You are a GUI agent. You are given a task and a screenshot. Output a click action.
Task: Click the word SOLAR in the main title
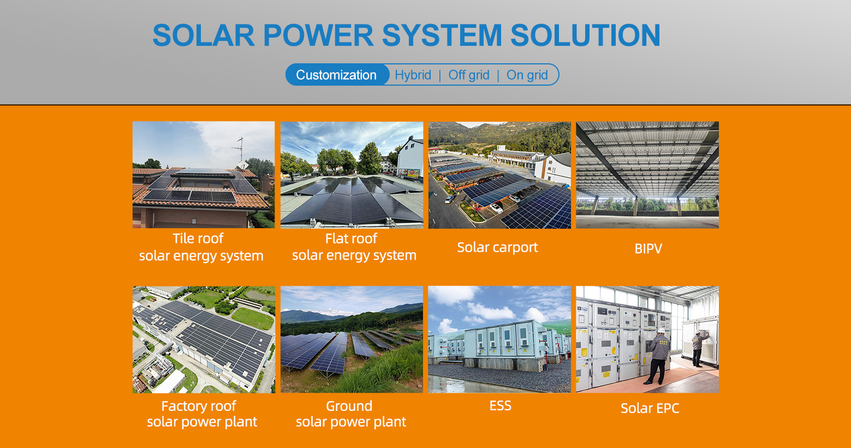tap(203, 35)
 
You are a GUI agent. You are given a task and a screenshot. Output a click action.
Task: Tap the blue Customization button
tap(336, 75)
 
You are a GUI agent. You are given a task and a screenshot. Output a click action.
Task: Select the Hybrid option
tap(413, 75)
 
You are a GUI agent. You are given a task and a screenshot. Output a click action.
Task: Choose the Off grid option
tap(469, 75)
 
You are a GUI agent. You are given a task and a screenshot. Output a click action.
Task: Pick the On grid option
tap(527, 75)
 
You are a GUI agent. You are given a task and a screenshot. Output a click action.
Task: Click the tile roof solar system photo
tap(204, 175)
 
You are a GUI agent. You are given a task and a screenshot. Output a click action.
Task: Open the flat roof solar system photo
tap(352, 175)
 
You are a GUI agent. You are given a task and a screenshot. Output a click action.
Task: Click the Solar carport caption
tap(497, 247)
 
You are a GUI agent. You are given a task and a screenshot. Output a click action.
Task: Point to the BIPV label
tap(648, 249)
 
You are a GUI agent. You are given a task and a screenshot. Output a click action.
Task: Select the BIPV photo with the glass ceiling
tap(647, 175)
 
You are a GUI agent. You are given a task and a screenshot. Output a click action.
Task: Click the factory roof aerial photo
tap(204, 339)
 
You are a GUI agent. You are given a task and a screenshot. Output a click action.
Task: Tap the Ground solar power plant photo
tap(352, 339)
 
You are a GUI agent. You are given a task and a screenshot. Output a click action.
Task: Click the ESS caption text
tap(500, 405)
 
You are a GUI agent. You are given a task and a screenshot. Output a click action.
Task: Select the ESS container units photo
tap(499, 339)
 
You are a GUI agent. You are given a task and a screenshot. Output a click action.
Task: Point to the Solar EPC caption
tap(650, 408)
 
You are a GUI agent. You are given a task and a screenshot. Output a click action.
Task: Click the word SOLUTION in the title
tap(585, 35)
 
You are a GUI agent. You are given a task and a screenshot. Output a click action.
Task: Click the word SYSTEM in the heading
tap(442, 35)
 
